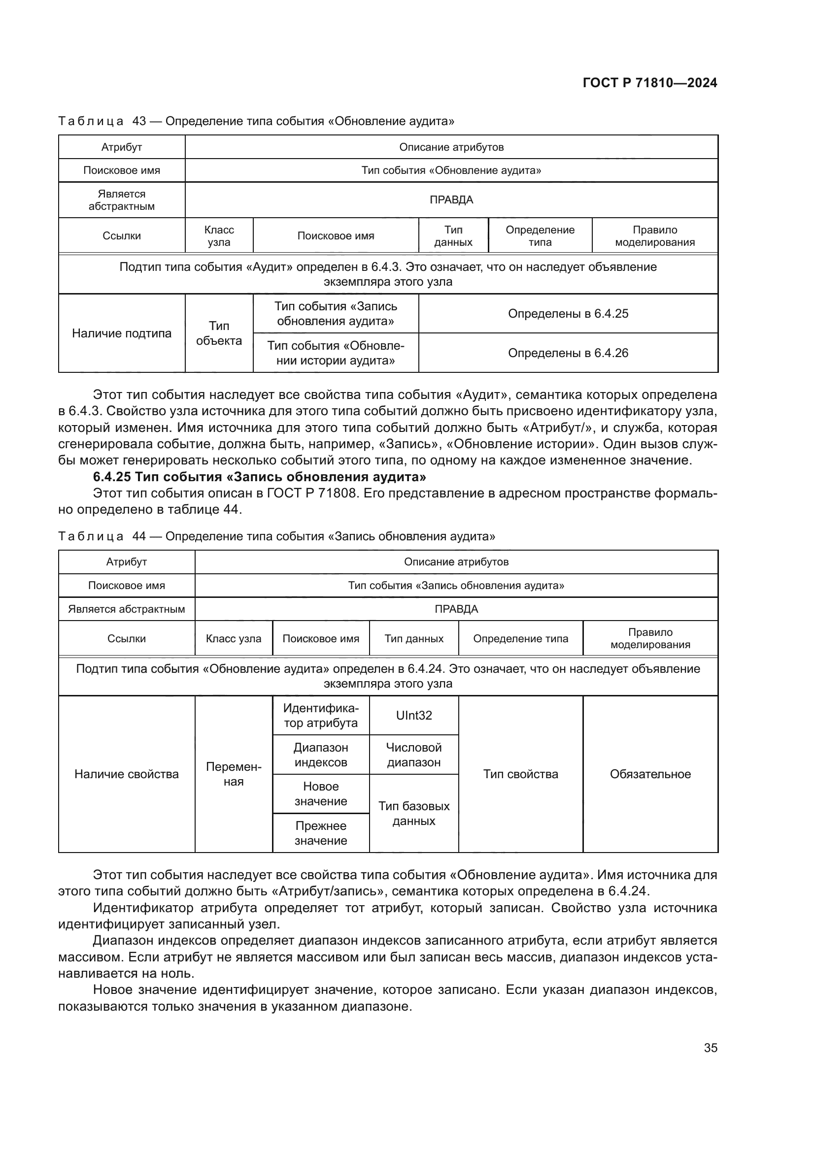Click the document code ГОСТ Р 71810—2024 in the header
(649, 83)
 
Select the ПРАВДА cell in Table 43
(451, 199)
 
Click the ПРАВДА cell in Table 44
(456, 609)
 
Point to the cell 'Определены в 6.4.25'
(568, 314)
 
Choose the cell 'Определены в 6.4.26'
(568, 353)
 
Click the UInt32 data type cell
(413, 715)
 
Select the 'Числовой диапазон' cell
(413, 755)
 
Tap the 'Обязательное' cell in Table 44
(650, 774)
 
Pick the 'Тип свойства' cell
(520, 774)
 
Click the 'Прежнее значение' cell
(321, 833)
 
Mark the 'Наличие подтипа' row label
(121, 333)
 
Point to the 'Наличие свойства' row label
(127, 774)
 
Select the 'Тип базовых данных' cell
(413, 813)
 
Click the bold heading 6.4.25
(260, 477)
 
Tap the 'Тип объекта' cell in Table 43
(219, 333)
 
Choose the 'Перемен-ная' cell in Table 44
(234, 774)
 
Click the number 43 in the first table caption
(139, 121)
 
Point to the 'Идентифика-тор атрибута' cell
(321, 715)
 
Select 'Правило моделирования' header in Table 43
(654, 236)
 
